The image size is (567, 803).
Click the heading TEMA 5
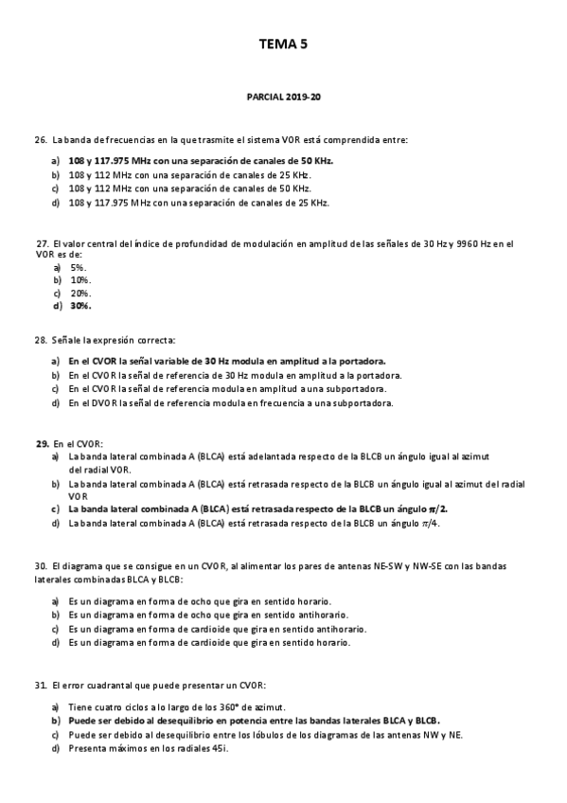click(x=283, y=44)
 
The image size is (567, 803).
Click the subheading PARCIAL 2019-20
click(x=283, y=98)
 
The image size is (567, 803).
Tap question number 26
click(x=40, y=139)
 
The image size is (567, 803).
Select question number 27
click(x=42, y=243)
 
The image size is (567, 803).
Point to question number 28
click(x=40, y=339)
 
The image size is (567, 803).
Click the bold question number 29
click(x=42, y=443)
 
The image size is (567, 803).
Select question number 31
click(x=40, y=684)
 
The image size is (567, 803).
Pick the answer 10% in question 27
click(x=80, y=280)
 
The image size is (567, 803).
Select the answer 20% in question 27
click(x=80, y=293)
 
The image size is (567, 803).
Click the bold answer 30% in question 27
click(x=80, y=305)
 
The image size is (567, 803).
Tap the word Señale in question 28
click(x=68, y=339)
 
